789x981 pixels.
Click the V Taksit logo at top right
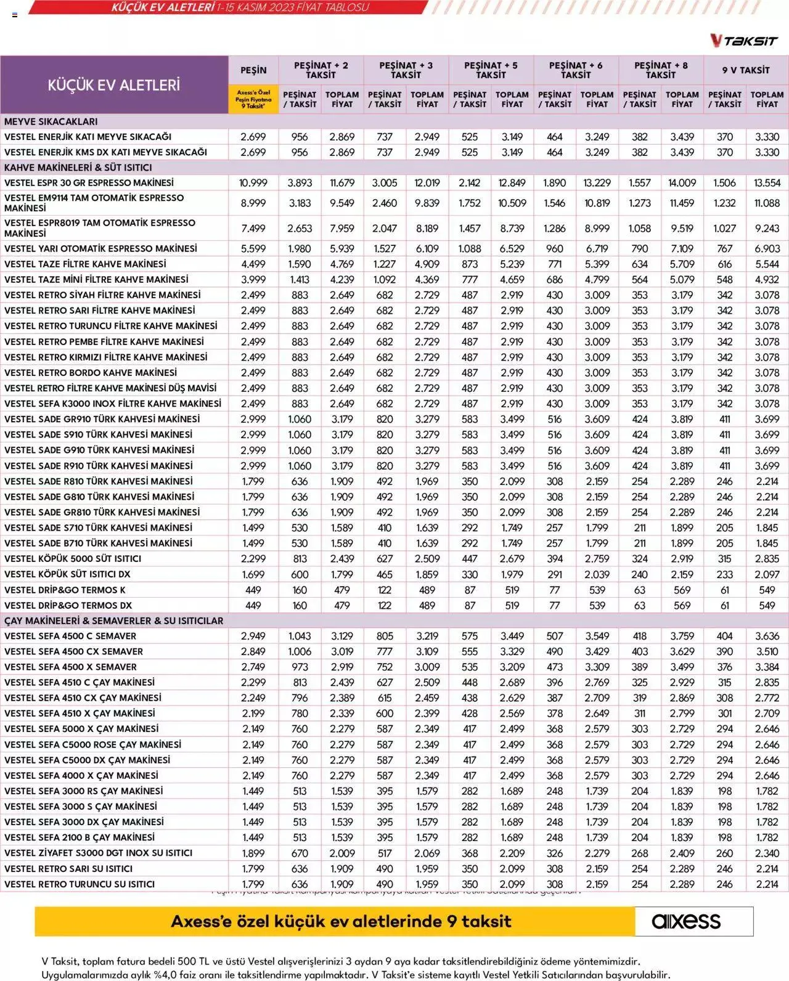[743, 41]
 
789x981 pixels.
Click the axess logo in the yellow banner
[686, 921]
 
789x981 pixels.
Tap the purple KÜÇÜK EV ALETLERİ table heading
[114, 84]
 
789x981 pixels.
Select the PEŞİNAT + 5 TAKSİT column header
[491, 70]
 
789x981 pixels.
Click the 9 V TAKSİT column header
[746, 70]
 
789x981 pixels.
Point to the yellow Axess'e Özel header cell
[253, 99]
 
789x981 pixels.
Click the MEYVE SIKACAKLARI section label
[51, 121]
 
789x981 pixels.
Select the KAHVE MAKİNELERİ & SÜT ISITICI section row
[78, 167]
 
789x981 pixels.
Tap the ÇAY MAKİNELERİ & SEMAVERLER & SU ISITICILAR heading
[113, 621]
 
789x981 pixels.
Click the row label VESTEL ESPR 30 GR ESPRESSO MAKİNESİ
[89, 182]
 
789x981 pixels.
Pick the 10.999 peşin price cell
[253, 183]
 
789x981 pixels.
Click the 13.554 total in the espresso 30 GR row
[767, 183]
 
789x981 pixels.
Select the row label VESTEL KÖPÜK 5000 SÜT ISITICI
[73, 558]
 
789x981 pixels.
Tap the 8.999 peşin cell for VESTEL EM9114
[253, 203]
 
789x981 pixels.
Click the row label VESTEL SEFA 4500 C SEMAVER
[70, 636]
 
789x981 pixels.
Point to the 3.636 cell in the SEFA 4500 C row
[767, 636]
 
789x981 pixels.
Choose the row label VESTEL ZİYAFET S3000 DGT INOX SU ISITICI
[99, 853]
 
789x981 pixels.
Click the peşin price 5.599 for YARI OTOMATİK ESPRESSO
[253, 248]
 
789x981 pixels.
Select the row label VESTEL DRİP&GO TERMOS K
[65, 590]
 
